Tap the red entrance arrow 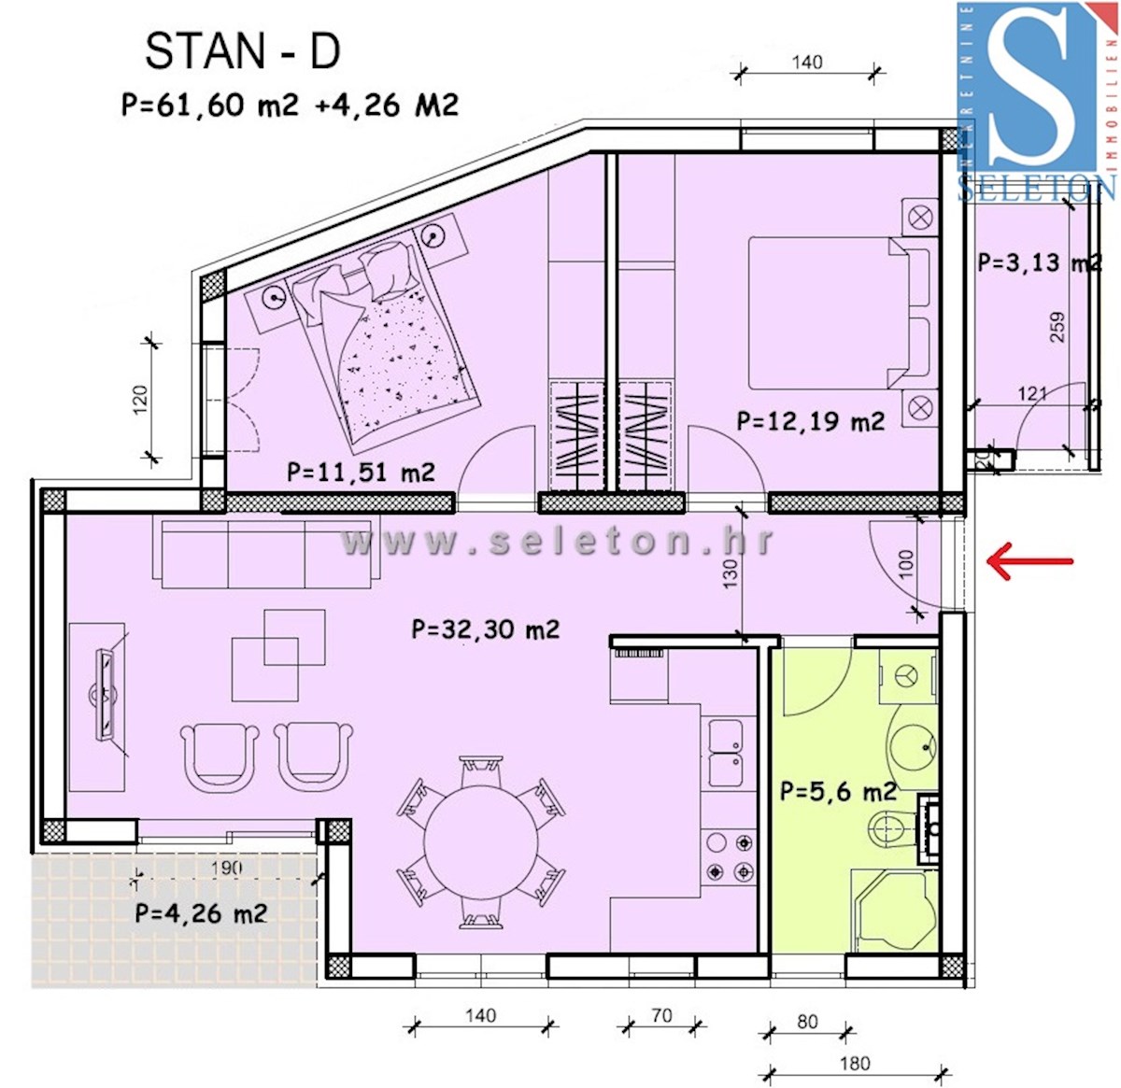click(x=1030, y=561)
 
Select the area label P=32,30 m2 click(x=485, y=629)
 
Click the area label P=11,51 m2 click(x=361, y=472)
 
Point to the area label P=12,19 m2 click(x=810, y=422)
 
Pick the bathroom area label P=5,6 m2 click(x=838, y=792)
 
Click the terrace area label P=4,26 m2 click(x=201, y=912)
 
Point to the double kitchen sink click(x=726, y=753)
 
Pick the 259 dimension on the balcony click(x=1057, y=327)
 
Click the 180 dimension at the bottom click(x=854, y=1063)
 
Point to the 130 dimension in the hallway click(x=730, y=572)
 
